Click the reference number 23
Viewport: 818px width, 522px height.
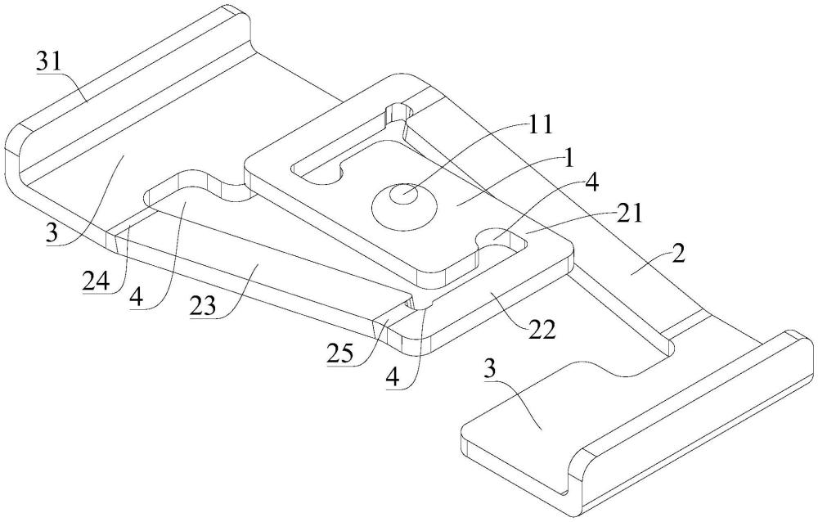[204, 307]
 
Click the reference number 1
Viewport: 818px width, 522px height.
[569, 158]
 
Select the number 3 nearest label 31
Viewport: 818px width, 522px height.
[52, 233]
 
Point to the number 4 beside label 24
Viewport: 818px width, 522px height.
[137, 298]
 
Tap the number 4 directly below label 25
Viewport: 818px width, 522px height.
[393, 376]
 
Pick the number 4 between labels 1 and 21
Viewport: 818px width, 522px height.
[592, 182]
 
